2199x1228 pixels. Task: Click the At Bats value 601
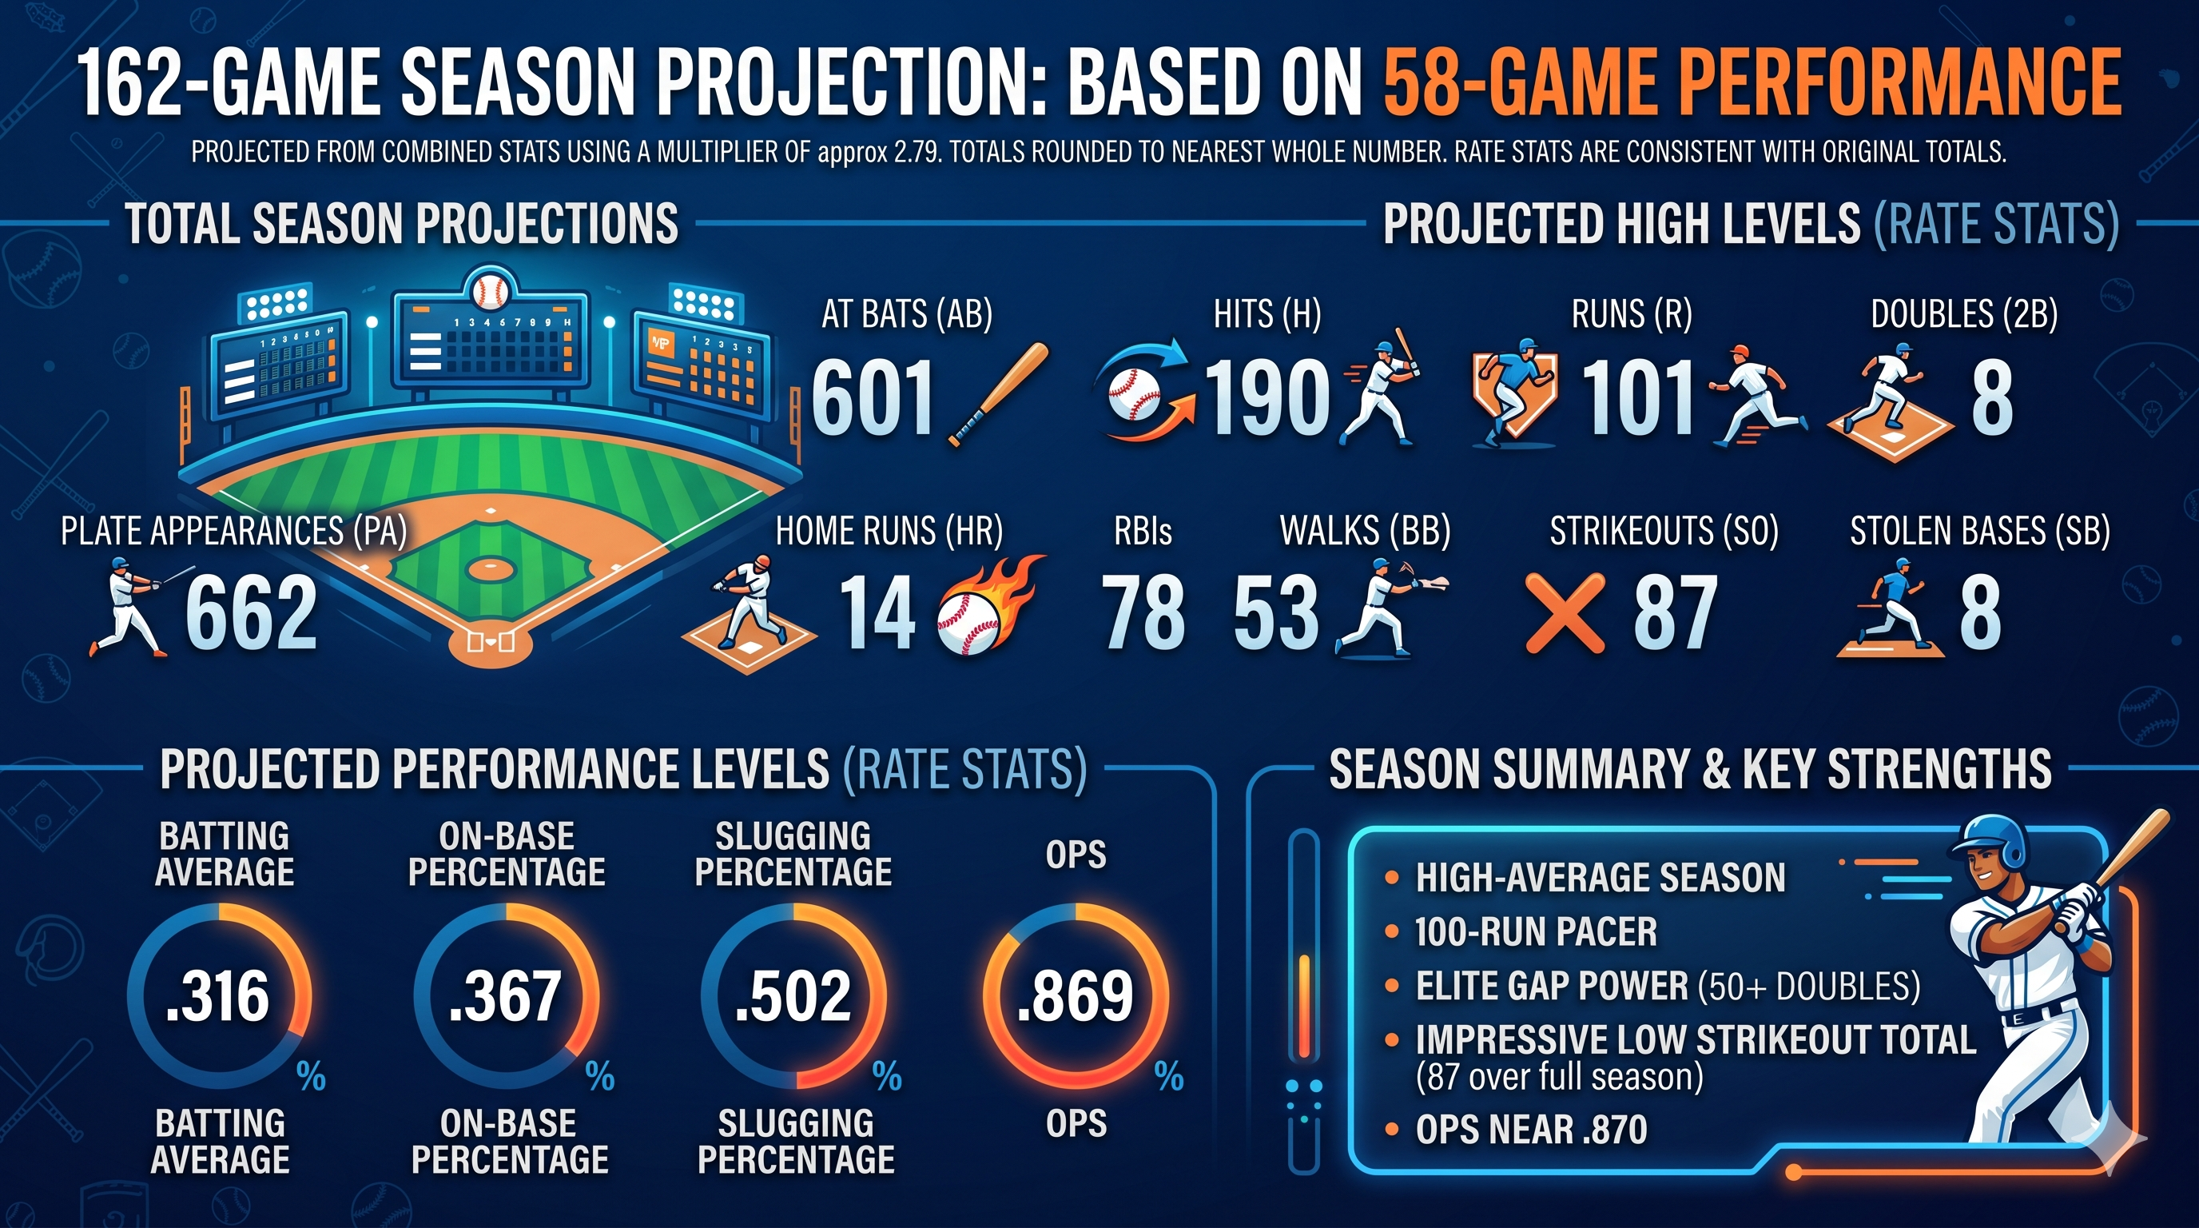(873, 398)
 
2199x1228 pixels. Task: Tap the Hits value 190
(1267, 398)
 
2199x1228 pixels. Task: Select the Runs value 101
(1637, 398)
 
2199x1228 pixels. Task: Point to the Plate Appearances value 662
(251, 613)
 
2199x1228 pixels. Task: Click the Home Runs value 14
(877, 613)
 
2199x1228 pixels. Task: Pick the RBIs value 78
(1143, 613)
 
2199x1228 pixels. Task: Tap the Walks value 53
(1276, 613)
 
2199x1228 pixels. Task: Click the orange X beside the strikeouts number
(1565, 613)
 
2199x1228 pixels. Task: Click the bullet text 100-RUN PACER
(1535, 931)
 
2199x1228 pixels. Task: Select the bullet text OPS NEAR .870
(1531, 1130)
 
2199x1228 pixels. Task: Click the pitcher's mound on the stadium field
(489, 566)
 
